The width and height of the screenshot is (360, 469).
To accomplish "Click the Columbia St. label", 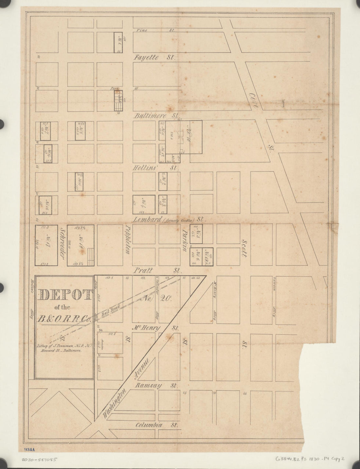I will tap(156, 425).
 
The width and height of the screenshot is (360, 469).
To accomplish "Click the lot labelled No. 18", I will tap(80, 245).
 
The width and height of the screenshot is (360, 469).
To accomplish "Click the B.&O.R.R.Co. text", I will tap(64, 319).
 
